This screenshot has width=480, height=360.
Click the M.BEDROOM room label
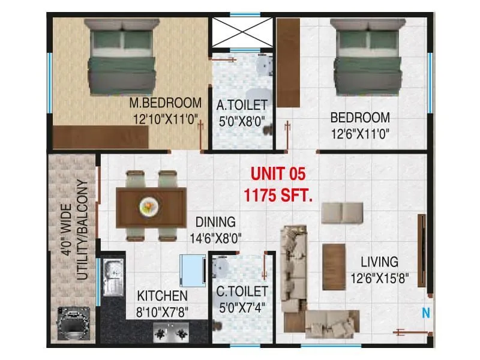pos(165,102)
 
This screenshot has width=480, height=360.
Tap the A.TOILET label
pos(242,106)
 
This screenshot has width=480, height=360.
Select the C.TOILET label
pos(242,292)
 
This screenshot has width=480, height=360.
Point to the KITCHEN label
pos(162,296)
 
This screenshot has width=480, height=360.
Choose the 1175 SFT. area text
pos(278,194)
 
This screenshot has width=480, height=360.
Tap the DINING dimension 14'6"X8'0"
pos(214,237)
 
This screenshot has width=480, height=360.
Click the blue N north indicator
pos(425,313)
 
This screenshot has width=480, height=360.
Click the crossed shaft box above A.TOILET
pos(241,33)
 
